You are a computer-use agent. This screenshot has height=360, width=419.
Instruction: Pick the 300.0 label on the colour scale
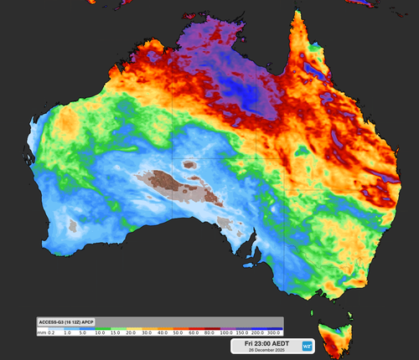pyautogui.click(x=273, y=332)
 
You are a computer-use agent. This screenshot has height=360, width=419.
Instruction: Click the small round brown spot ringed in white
pyautogui.click(x=189, y=165)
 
